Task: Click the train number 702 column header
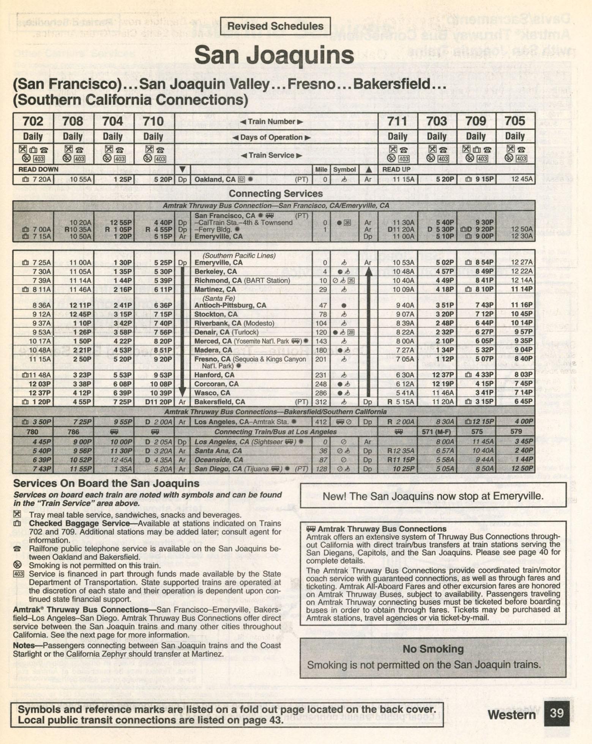pyautogui.click(x=33, y=121)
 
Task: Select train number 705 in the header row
pyautogui.click(x=515, y=121)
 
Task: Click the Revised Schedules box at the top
pyautogui.click(x=275, y=26)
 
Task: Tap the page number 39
pyautogui.click(x=557, y=713)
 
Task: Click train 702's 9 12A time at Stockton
pyautogui.click(x=42, y=314)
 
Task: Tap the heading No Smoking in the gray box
pyautogui.click(x=433, y=649)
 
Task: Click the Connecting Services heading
pyautogui.click(x=276, y=193)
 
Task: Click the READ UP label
pyautogui.click(x=396, y=170)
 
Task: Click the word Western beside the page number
pyautogui.click(x=511, y=714)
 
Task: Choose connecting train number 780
pyautogui.click(x=32, y=432)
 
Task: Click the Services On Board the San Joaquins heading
pyautogui.click(x=106, y=483)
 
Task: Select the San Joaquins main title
pyautogui.click(x=274, y=55)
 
